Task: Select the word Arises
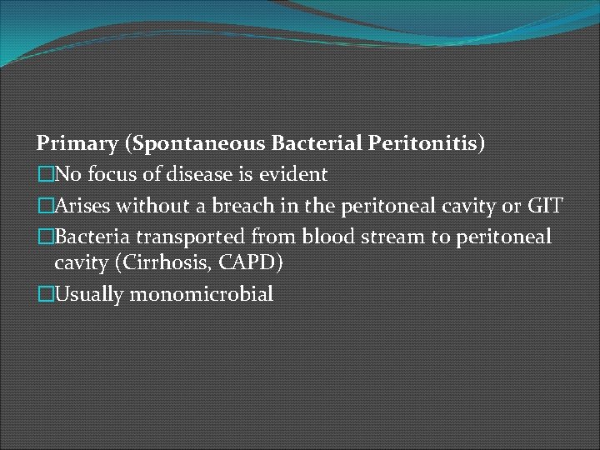tap(82, 205)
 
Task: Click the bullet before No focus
tap(43, 174)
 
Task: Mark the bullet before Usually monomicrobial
tap(43, 294)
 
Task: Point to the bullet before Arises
tap(43, 205)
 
